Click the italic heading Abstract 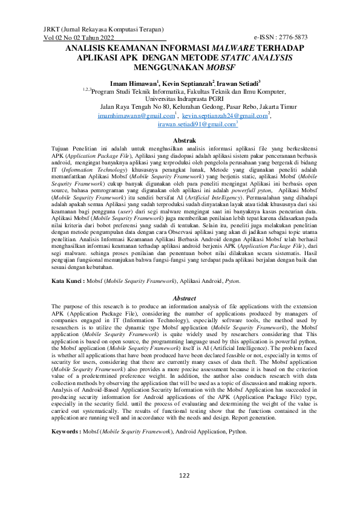click(x=184, y=298)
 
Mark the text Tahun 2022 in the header click(x=96, y=37)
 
